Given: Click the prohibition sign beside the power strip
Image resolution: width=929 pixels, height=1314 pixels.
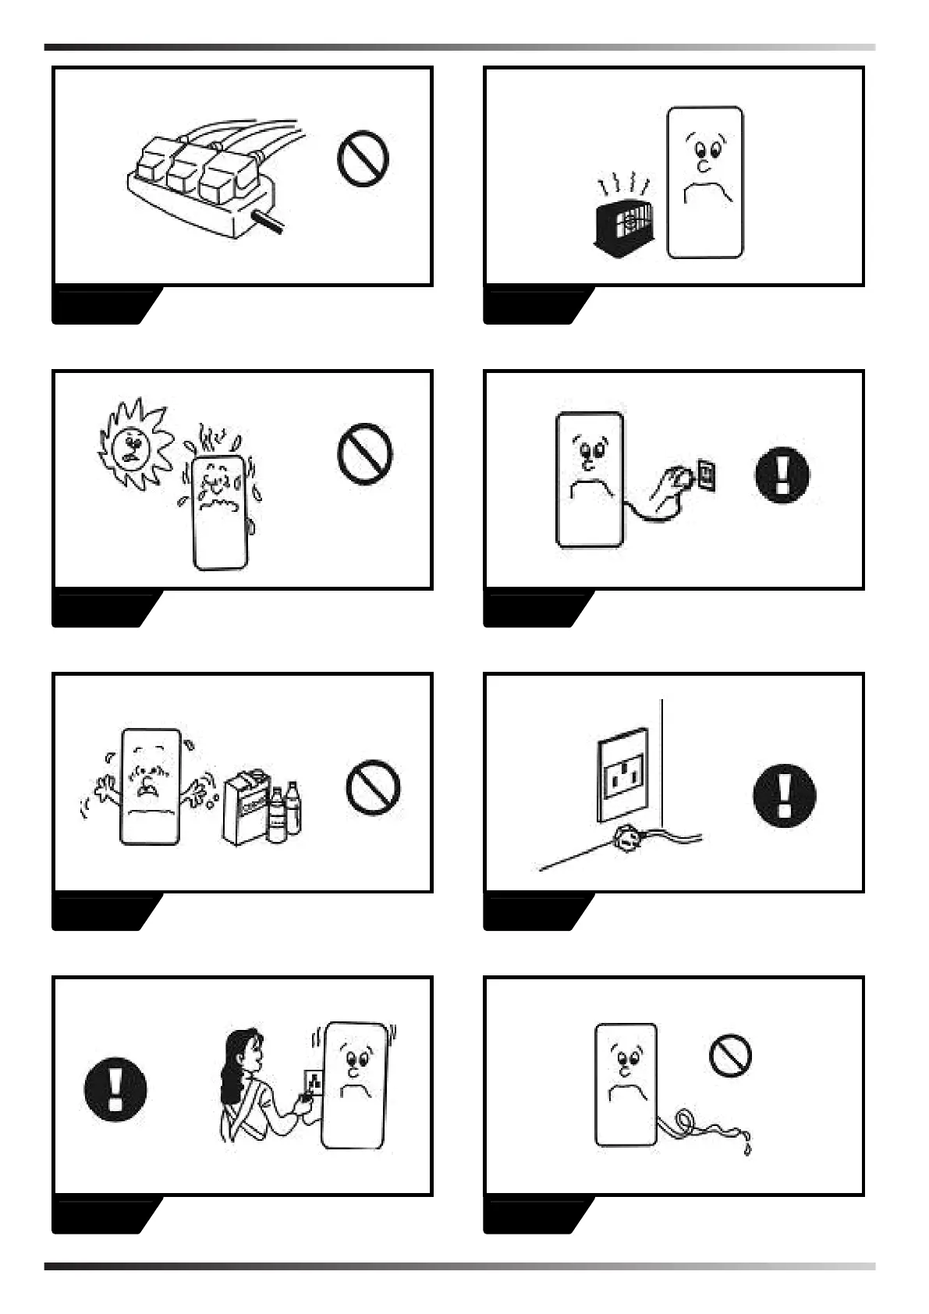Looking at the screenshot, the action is pyautogui.click(x=363, y=158).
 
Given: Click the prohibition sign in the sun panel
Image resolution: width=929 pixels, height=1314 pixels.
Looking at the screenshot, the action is pyautogui.click(x=364, y=453).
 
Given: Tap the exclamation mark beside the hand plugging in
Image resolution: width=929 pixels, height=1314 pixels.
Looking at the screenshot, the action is pyautogui.click(x=782, y=474).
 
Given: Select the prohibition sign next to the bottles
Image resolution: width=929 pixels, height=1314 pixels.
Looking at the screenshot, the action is pyautogui.click(x=373, y=787).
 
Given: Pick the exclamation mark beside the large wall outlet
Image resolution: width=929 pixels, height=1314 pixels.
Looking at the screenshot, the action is pyautogui.click(x=784, y=796).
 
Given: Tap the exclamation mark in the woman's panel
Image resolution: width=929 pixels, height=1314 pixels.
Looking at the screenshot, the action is pyautogui.click(x=115, y=1089).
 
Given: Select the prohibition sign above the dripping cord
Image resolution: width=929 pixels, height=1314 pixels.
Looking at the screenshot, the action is pyautogui.click(x=730, y=1055).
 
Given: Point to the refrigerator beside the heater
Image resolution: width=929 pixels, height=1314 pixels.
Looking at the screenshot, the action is pyautogui.click(x=705, y=183).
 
